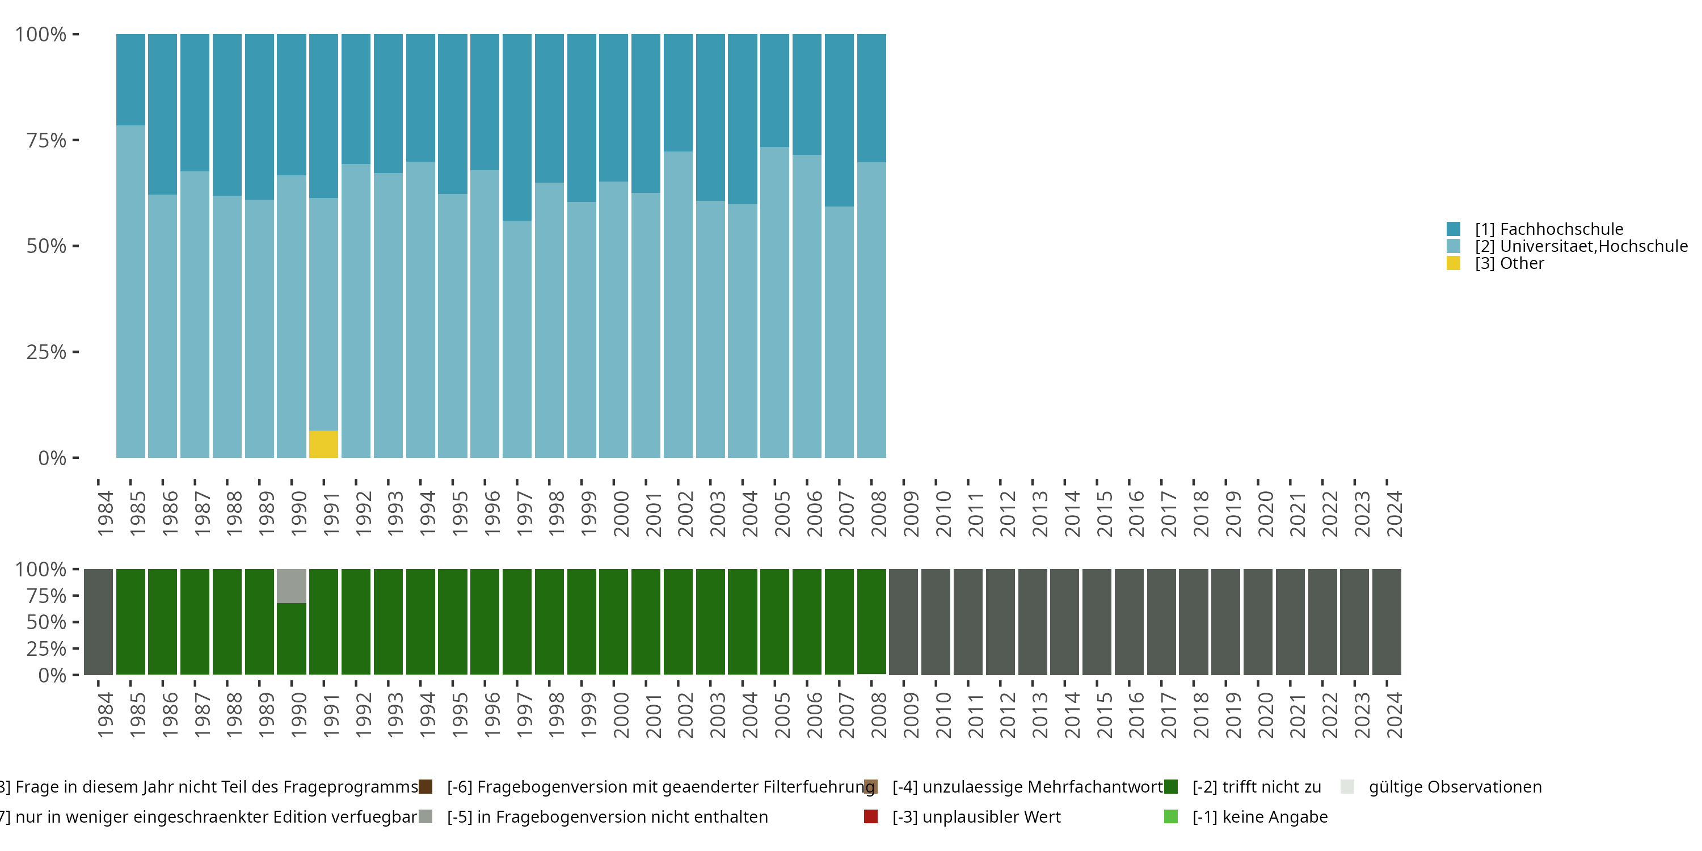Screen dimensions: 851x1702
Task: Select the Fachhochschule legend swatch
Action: point(1453,229)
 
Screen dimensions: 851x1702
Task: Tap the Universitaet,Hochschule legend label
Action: point(1581,246)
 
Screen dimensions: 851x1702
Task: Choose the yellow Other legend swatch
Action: point(1453,264)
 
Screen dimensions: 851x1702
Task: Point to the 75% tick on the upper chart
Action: point(75,140)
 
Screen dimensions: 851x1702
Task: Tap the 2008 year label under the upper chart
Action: point(879,513)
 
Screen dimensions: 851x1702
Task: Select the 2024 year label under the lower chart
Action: point(1394,715)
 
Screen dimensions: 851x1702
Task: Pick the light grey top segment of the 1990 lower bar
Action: point(292,585)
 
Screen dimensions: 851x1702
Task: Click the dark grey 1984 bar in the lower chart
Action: point(99,622)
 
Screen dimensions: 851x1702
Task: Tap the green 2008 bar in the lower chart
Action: point(871,622)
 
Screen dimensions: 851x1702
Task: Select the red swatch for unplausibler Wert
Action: point(871,816)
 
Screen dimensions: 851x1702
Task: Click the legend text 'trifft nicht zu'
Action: point(1257,787)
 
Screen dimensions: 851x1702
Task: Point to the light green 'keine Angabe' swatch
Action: point(1171,816)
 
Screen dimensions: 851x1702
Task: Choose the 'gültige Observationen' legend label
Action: point(1455,787)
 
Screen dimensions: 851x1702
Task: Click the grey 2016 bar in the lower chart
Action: point(1129,622)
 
